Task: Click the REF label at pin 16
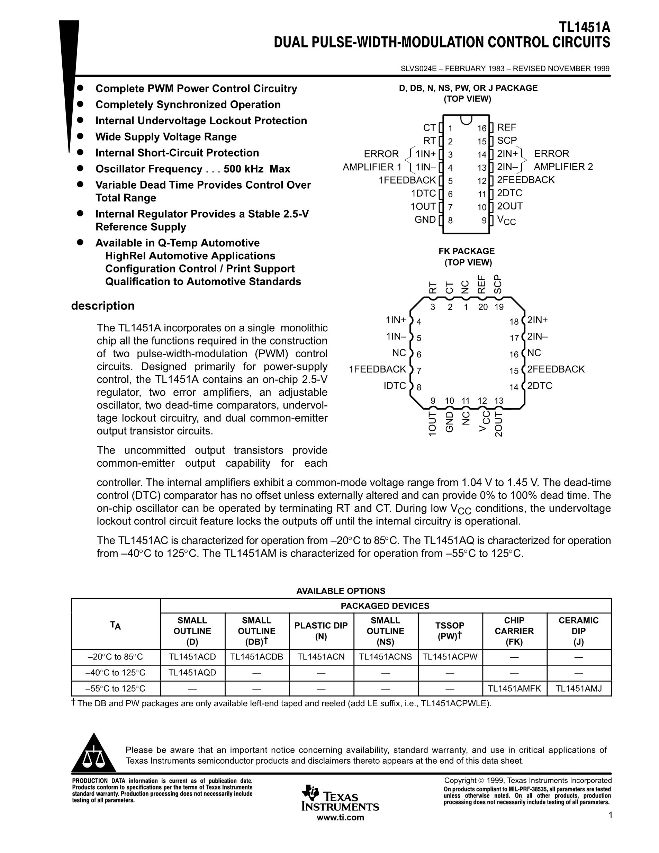(506, 127)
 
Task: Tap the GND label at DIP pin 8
(425, 219)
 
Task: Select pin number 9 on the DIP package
(484, 221)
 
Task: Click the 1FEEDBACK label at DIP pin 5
(407, 180)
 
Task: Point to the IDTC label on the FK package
(395, 386)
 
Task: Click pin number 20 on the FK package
(482, 307)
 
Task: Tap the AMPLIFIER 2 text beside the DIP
(563, 167)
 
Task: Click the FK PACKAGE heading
(466, 251)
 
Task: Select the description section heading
(103, 306)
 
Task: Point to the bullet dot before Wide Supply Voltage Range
(80, 136)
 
